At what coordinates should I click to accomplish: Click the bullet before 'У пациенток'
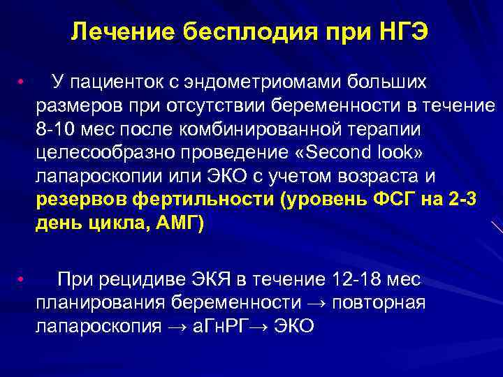[x=22, y=83]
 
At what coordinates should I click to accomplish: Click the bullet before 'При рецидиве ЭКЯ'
[x=22, y=281]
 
